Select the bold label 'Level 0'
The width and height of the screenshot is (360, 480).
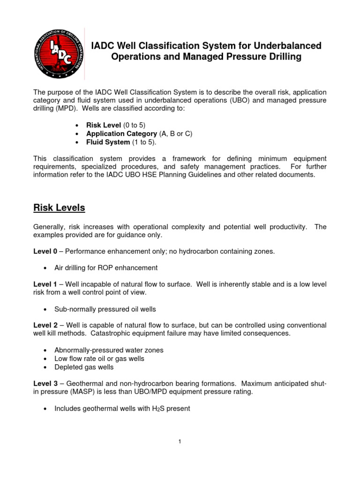(45, 252)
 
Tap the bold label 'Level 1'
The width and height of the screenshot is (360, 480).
(45, 285)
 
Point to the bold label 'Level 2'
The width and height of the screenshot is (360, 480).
(45, 325)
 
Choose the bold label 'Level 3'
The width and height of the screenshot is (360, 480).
(45, 384)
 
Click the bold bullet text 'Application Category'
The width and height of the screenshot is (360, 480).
(121, 134)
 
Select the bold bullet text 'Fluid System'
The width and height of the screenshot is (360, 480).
(108, 142)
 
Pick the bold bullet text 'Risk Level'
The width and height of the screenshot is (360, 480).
(104, 125)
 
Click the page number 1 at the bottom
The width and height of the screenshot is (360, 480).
(180, 441)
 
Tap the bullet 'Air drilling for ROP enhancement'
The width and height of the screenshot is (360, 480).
(106, 268)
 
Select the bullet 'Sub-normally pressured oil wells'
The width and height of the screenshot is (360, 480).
(105, 309)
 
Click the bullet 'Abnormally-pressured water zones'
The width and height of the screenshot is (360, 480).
(109, 350)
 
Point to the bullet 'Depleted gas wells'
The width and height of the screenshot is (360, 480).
(84, 367)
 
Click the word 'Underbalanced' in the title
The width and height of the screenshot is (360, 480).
(287, 46)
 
